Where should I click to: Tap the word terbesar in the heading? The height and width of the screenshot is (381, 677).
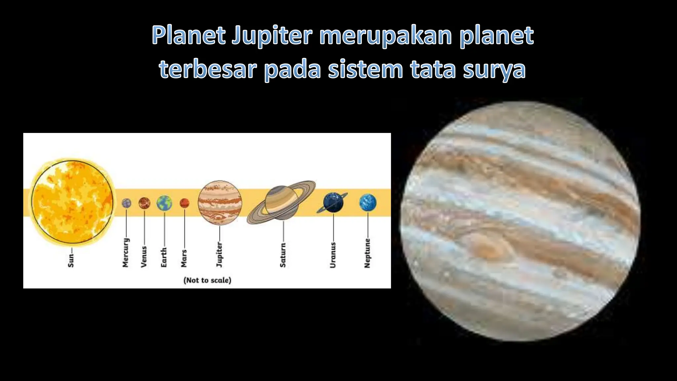click(x=208, y=69)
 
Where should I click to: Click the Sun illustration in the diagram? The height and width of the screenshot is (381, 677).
click(x=72, y=202)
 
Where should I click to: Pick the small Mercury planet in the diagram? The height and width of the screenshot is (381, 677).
click(x=126, y=203)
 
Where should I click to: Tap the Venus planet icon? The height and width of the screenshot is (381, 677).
click(x=144, y=203)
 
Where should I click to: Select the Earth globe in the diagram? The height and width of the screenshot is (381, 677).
click(x=164, y=203)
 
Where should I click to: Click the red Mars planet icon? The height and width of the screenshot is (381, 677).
click(x=184, y=203)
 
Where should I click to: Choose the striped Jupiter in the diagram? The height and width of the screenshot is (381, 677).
click(x=220, y=202)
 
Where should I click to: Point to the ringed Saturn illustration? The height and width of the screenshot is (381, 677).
click(x=282, y=202)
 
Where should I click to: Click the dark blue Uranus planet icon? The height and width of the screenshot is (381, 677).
click(x=333, y=202)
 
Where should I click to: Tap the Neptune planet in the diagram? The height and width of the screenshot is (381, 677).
click(x=368, y=202)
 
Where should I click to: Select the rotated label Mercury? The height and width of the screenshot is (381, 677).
click(x=126, y=253)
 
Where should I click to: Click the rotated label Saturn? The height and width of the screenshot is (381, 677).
click(x=283, y=255)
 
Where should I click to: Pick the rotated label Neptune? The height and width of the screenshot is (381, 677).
click(x=367, y=253)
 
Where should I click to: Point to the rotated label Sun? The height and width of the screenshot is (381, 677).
click(x=71, y=260)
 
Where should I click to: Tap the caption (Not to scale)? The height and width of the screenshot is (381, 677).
click(x=207, y=280)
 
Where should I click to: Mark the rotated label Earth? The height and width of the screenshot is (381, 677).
click(x=164, y=257)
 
